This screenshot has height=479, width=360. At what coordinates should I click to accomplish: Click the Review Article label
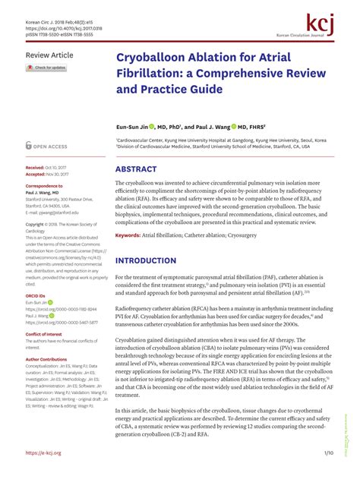[x=49, y=55]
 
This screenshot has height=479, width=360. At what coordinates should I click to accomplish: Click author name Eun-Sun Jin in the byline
[x=131, y=127]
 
